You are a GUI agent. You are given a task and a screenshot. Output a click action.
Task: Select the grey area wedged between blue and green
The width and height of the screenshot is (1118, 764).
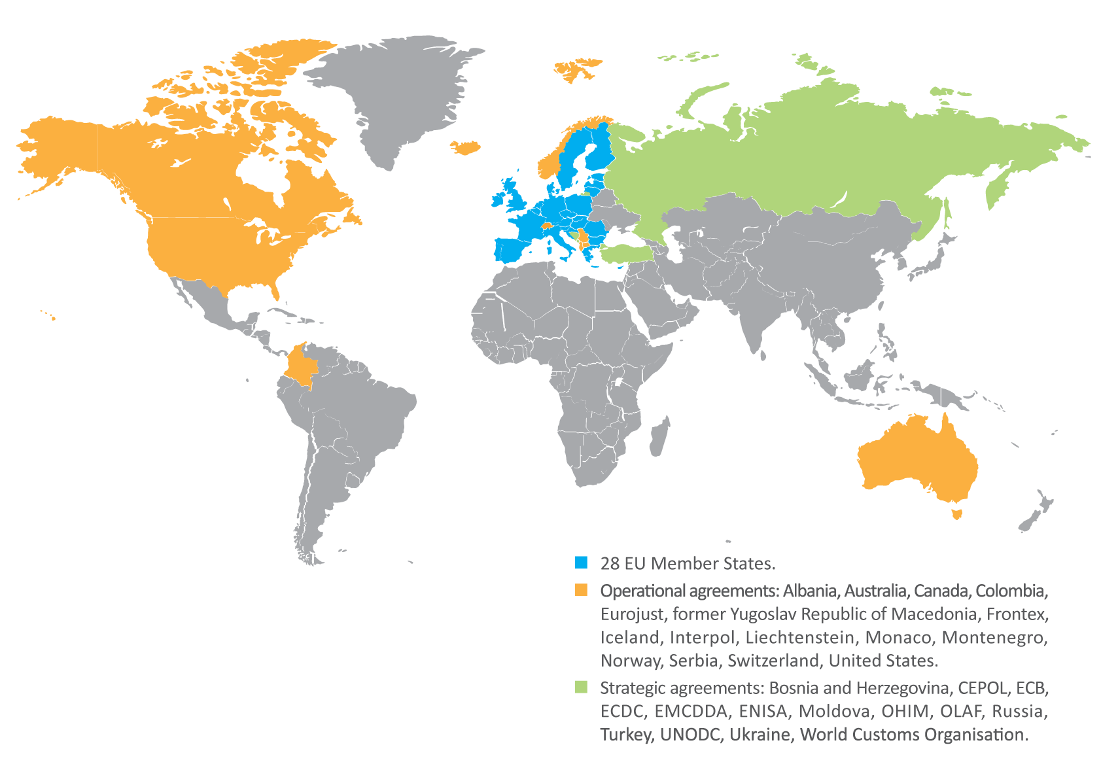[x=612, y=213]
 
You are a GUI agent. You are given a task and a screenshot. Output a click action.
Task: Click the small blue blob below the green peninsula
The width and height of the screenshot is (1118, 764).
[x=618, y=268]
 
